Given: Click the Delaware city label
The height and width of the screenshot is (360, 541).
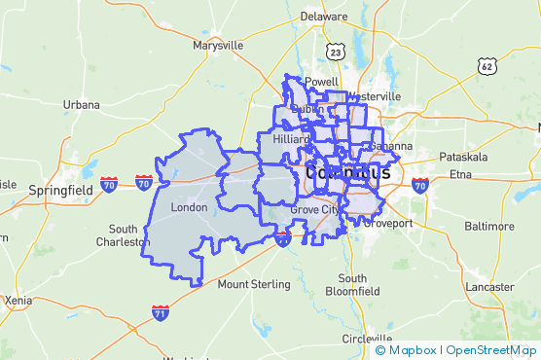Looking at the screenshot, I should pos(323,18).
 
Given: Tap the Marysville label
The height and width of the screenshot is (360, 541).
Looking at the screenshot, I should pos(218,46).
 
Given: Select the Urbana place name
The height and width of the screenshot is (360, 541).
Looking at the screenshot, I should pos(81,104).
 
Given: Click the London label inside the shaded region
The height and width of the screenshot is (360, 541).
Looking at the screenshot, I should pos(189,208).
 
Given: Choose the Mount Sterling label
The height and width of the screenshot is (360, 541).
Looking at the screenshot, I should pos(253,284).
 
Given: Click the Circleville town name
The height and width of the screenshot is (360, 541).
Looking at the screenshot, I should pos(366,338).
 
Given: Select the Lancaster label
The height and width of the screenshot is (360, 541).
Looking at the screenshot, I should pos(489,287).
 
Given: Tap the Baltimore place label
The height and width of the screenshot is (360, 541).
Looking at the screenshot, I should pos(489,225).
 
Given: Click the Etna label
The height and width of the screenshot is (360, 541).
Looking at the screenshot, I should pos(459,174).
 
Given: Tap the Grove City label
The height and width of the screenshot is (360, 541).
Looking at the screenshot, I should pos(315,209).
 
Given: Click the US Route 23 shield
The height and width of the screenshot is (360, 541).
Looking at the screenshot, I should pos(336,53).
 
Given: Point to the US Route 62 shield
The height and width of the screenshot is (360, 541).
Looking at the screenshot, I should pos(487,65).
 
